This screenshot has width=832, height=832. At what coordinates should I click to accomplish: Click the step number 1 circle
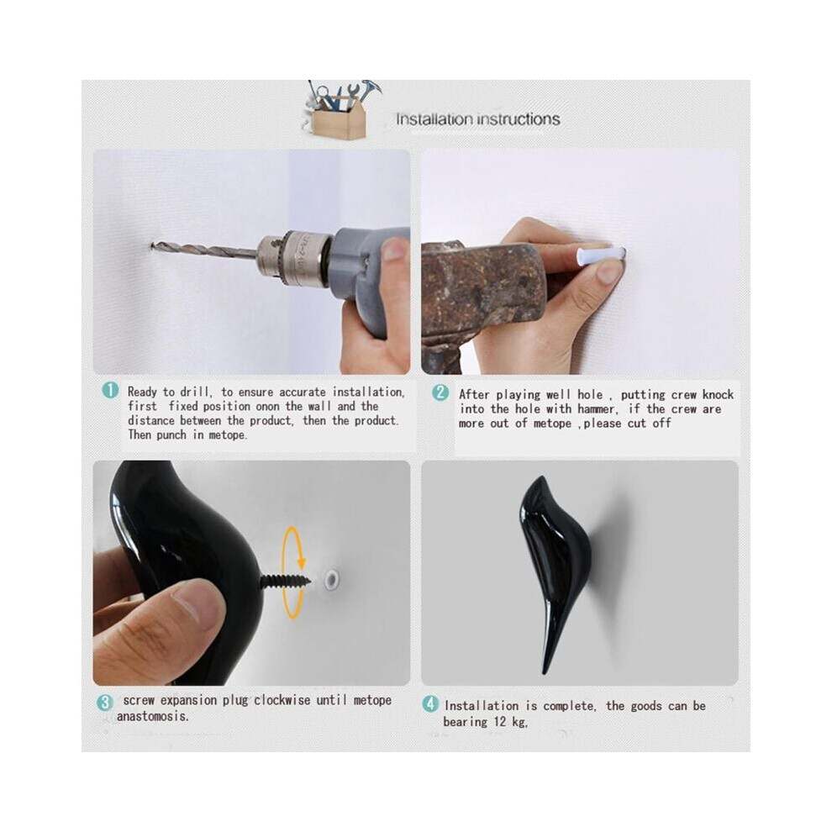pyautogui.click(x=110, y=391)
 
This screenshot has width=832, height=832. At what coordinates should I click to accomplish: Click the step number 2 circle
pyautogui.click(x=440, y=392)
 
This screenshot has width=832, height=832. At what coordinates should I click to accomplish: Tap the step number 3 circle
pyautogui.click(x=105, y=703)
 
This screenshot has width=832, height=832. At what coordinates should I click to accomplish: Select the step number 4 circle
pyautogui.click(x=430, y=704)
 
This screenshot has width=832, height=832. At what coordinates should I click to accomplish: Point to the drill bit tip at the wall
pyautogui.click(x=153, y=245)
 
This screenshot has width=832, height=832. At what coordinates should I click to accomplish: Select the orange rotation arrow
pyautogui.click(x=293, y=572)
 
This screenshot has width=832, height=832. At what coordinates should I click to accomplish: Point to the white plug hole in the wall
pyautogui.click(x=333, y=579)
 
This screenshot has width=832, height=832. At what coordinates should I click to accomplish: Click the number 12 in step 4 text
pyautogui.click(x=500, y=722)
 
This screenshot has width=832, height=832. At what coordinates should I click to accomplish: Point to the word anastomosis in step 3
pyautogui.click(x=151, y=716)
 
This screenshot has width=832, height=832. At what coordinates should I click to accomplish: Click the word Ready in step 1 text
pyautogui.click(x=142, y=392)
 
